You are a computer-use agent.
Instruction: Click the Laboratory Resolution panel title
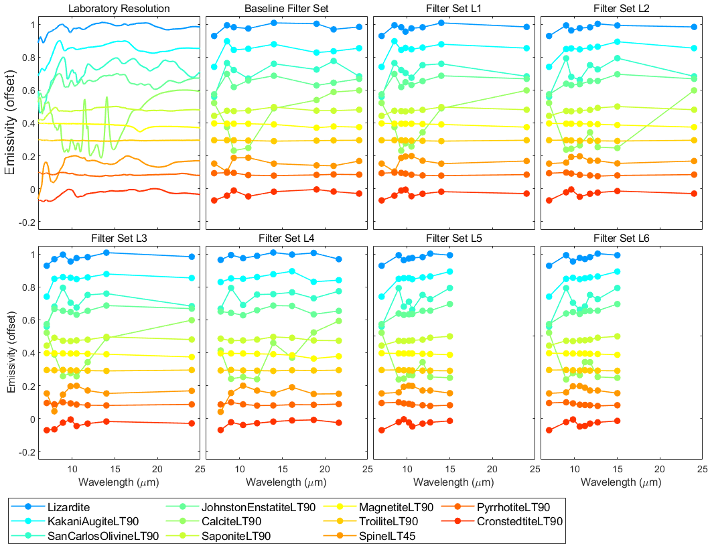119,9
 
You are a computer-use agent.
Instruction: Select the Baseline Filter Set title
287,9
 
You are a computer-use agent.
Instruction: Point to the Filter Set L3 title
119,239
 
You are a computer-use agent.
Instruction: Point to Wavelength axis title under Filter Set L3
119,482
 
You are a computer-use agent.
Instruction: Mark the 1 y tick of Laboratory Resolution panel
30,25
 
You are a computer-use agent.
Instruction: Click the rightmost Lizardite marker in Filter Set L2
693,27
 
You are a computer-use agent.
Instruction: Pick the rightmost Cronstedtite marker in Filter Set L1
526,194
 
